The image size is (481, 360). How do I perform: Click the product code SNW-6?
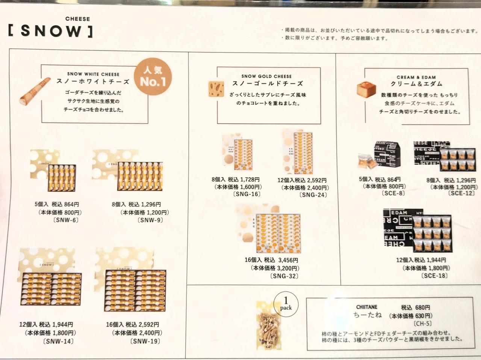pyautogui.click(x=65, y=220)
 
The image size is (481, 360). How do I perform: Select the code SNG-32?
pyautogui.click(x=284, y=276)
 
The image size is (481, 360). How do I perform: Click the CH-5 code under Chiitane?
pyautogui.click(x=422, y=323)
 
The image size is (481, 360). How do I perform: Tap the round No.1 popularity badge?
pyautogui.click(x=153, y=77)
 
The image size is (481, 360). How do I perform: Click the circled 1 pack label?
pyautogui.click(x=286, y=304)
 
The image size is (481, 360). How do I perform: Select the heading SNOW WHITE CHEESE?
pyautogui.click(x=93, y=74)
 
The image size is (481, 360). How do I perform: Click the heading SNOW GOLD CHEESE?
pyautogui.click(x=266, y=76)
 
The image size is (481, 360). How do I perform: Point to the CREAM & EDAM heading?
pyautogui.click(x=416, y=77)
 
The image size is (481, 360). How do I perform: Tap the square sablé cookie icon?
pyautogui.click(x=216, y=89)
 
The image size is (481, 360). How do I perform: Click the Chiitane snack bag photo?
pyautogui.click(x=269, y=325)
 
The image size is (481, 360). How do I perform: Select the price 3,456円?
pyautogui.click(x=288, y=260)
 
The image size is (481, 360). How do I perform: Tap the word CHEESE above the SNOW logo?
pyautogui.click(x=77, y=19)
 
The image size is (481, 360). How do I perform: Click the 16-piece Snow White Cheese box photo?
pyautogui.click(x=130, y=279)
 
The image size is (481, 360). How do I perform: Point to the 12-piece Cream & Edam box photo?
pyautogui.click(x=417, y=230)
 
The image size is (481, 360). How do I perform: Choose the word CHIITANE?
pyautogui.click(x=367, y=307)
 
